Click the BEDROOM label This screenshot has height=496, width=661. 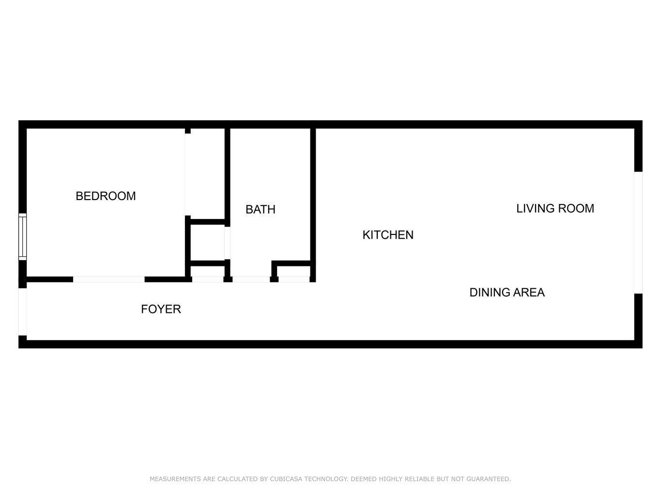click(106, 196)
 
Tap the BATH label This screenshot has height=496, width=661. click(261, 209)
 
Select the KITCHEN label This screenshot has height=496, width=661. click(388, 235)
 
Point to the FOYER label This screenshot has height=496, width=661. click(161, 309)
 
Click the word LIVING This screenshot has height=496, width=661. click(536, 208)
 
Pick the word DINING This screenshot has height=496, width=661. click(490, 292)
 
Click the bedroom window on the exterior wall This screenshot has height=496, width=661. click(23, 236)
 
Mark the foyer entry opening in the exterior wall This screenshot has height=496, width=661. click(23, 311)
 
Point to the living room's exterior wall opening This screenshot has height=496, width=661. click(638, 232)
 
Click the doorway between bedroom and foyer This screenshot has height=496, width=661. click(108, 279)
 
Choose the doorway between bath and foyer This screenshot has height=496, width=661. click(251, 279)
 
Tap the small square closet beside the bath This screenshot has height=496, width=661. click(208, 243)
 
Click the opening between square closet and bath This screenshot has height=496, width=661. click(228, 243)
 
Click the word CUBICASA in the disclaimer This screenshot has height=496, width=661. click(286, 479)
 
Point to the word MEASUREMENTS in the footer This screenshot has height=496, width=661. click(176, 479)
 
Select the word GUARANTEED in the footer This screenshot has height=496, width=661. click(489, 479)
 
